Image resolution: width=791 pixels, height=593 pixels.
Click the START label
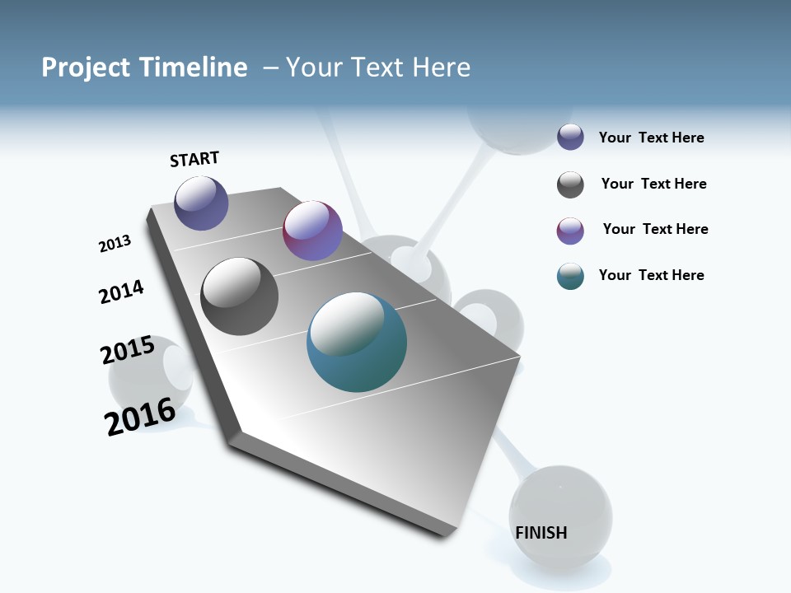[x=194, y=159]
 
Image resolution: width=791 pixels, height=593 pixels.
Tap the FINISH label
[x=541, y=533]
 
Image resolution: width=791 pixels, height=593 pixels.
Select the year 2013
[x=115, y=244]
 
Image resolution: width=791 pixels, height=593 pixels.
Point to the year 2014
[x=121, y=292]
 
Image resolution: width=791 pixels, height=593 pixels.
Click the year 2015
[x=128, y=350]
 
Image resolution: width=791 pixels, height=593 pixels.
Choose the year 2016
[x=140, y=416]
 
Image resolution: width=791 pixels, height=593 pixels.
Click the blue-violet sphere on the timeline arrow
[x=201, y=203]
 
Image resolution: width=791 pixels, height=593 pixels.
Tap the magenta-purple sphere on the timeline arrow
[x=312, y=231]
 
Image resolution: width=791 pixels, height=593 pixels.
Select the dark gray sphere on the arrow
[x=240, y=296]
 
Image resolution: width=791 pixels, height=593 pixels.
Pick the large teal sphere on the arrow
[x=357, y=343]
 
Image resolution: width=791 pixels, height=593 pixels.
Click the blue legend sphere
[x=570, y=138]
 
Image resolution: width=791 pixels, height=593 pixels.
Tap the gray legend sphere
[x=570, y=184]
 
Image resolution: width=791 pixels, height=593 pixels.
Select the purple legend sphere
[x=570, y=231]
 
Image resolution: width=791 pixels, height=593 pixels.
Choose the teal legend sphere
[x=570, y=276]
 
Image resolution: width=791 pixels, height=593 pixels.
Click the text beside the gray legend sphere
[x=653, y=184]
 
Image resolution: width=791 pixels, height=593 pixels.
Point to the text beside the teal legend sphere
[x=651, y=275]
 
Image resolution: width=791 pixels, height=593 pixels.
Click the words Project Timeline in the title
[x=144, y=68]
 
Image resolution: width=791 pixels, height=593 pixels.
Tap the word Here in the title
[x=441, y=68]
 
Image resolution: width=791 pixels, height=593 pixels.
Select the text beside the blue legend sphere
[x=651, y=138]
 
